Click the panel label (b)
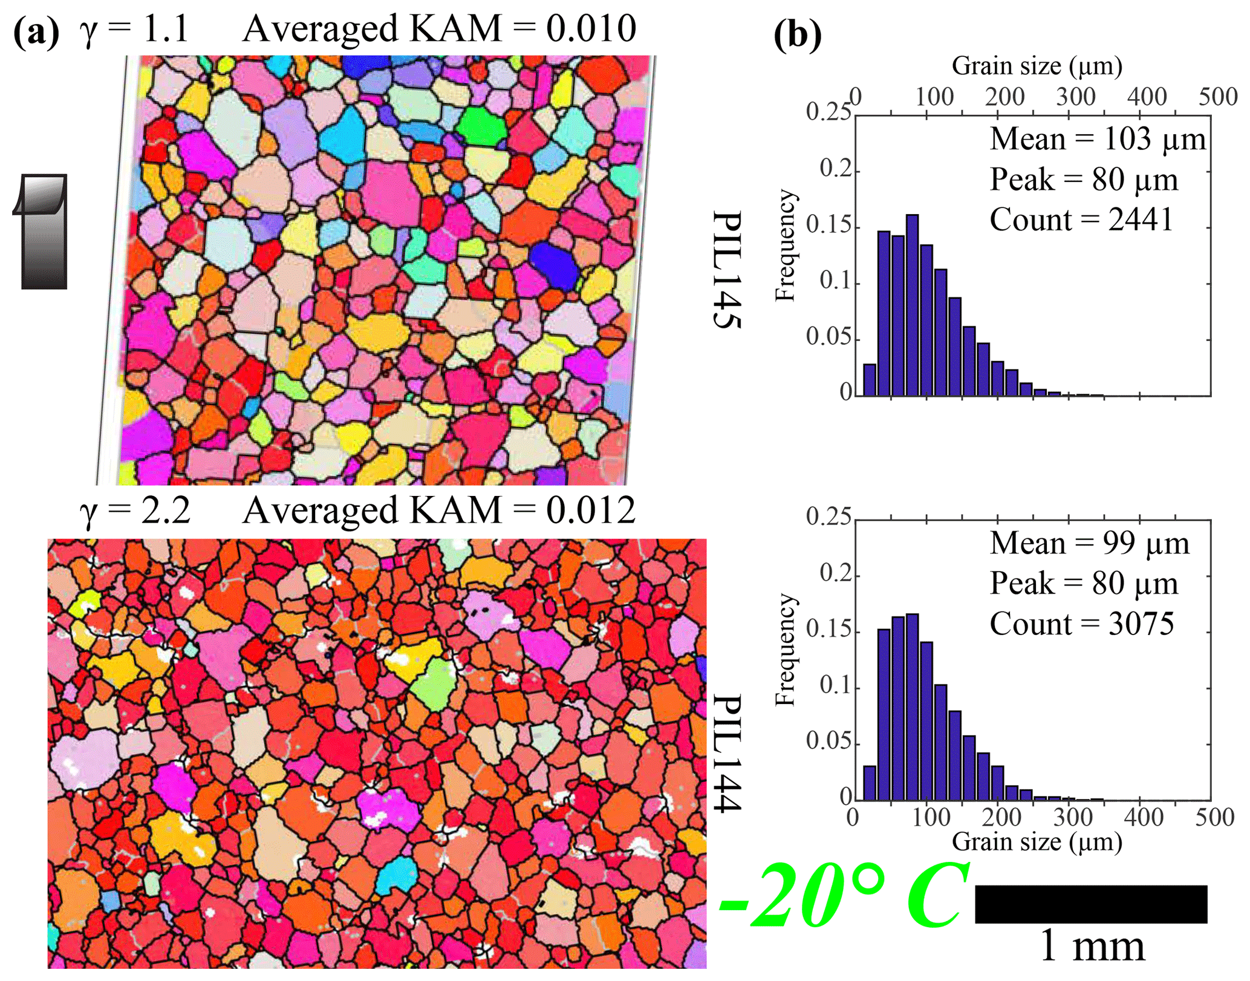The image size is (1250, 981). (x=797, y=35)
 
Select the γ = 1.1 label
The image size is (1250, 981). (x=134, y=29)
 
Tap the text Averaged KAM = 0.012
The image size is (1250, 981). (x=439, y=510)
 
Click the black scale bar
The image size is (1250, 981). (x=1090, y=904)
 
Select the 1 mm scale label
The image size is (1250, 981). (x=1092, y=946)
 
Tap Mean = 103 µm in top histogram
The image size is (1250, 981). (x=1097, y=139)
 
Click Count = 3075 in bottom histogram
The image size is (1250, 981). (x=1082, y=624)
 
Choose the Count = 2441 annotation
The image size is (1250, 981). (x=1081, y=220)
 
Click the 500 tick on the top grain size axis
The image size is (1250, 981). (x=1218, y=97)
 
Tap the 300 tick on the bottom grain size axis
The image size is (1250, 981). (x=1073, y=817)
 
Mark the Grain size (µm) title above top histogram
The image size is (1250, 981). (x=1037, y=65)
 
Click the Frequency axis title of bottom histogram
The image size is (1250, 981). (x=785, y=650)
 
